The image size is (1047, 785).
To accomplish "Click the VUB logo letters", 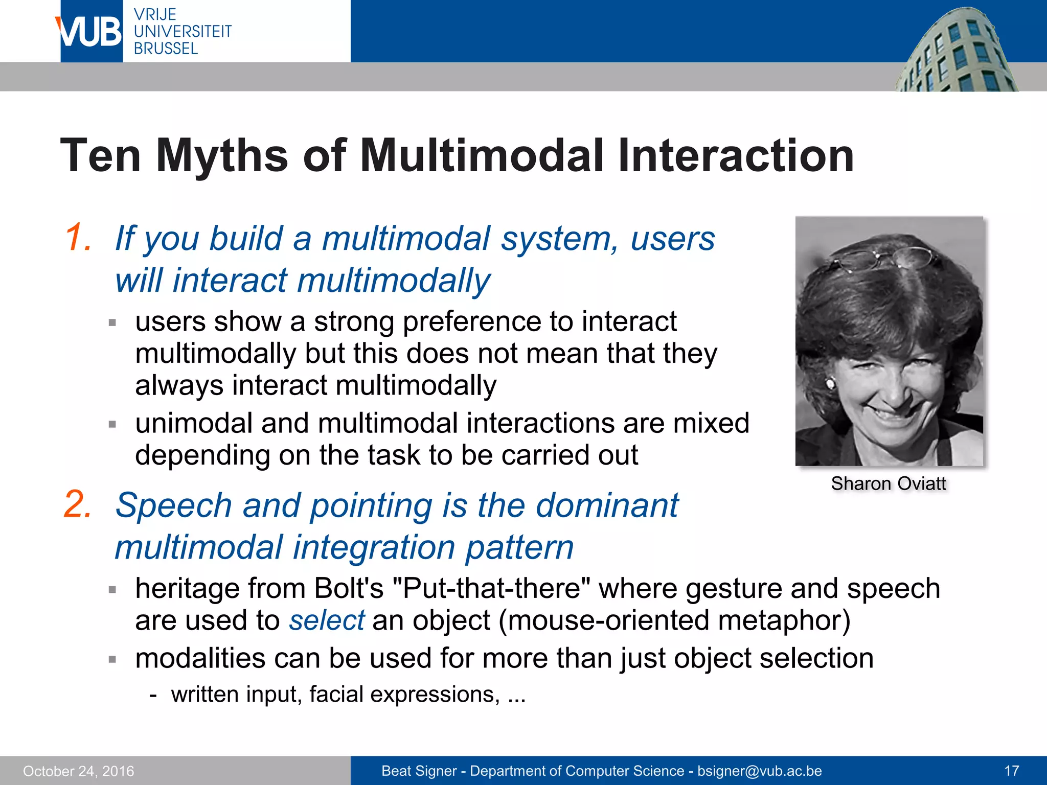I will [89, 32].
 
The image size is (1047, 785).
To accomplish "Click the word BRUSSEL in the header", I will [165, 49].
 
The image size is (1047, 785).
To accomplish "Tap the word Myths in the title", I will [222, 156].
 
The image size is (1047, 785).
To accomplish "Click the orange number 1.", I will [78, 238].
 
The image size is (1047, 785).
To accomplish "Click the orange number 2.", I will [78, 505].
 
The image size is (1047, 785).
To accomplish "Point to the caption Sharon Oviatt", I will [888, 483].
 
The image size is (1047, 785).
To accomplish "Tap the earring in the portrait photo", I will [830, 382].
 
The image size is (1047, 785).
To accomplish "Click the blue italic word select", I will [327, 620].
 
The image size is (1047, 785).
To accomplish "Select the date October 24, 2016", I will [78, 771].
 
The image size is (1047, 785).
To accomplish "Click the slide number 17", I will [1012, 771].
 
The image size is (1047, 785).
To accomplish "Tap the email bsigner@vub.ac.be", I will [759, 771].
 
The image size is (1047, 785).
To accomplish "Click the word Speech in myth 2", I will [173, 505].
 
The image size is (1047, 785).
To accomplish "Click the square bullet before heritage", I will [112, 590].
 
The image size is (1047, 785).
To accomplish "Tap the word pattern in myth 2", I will [519, 548].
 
